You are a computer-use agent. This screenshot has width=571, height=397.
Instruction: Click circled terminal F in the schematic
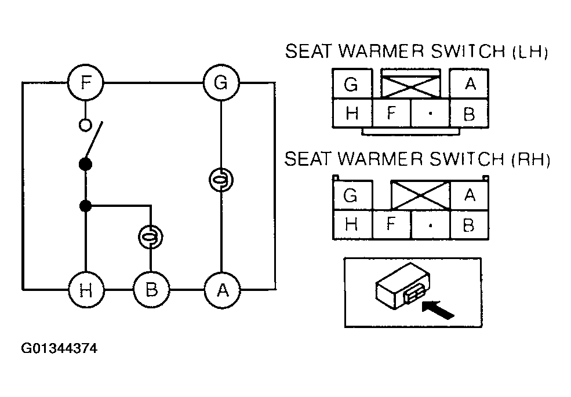click(x=86, y=83)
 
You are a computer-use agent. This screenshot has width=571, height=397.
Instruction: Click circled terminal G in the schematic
click(x=221, y=83)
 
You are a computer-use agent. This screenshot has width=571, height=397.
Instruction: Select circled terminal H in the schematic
click(x=86, y=290)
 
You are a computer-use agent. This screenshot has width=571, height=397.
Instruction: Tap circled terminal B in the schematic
click(x=151, y=290)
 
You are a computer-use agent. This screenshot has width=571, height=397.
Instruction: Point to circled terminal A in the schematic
click(x=222, y=290)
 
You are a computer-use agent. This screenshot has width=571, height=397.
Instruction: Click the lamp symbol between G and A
click(x=221, y=180)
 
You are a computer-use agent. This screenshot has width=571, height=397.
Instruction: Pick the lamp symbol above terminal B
click(x=150, y=237)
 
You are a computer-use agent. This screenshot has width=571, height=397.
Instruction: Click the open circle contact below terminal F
click(x=85, y=125)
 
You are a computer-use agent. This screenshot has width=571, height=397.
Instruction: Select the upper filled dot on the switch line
click(x=86, y=164)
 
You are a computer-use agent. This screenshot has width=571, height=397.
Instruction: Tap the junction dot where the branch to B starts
click(x=86, y=206)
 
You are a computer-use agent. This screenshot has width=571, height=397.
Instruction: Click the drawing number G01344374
click(x=59, y=348)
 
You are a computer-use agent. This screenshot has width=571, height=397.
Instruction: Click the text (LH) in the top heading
click(x=530, y=52)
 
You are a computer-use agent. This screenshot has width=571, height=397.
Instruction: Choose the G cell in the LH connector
click(x=352, y=84)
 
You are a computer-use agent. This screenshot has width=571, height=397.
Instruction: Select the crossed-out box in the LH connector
click(x=411, y=84)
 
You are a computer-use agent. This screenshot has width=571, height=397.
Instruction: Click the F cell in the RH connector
click(x=391, y=224)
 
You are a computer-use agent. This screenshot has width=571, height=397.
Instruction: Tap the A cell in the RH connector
click(x=470, y=195)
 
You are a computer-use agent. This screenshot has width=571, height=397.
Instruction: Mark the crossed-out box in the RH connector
click(x=421, y=195)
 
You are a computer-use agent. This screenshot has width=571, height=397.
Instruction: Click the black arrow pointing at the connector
click(x=438, y=310)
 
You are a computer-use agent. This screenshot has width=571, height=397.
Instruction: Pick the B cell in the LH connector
click(x=470, y=113)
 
